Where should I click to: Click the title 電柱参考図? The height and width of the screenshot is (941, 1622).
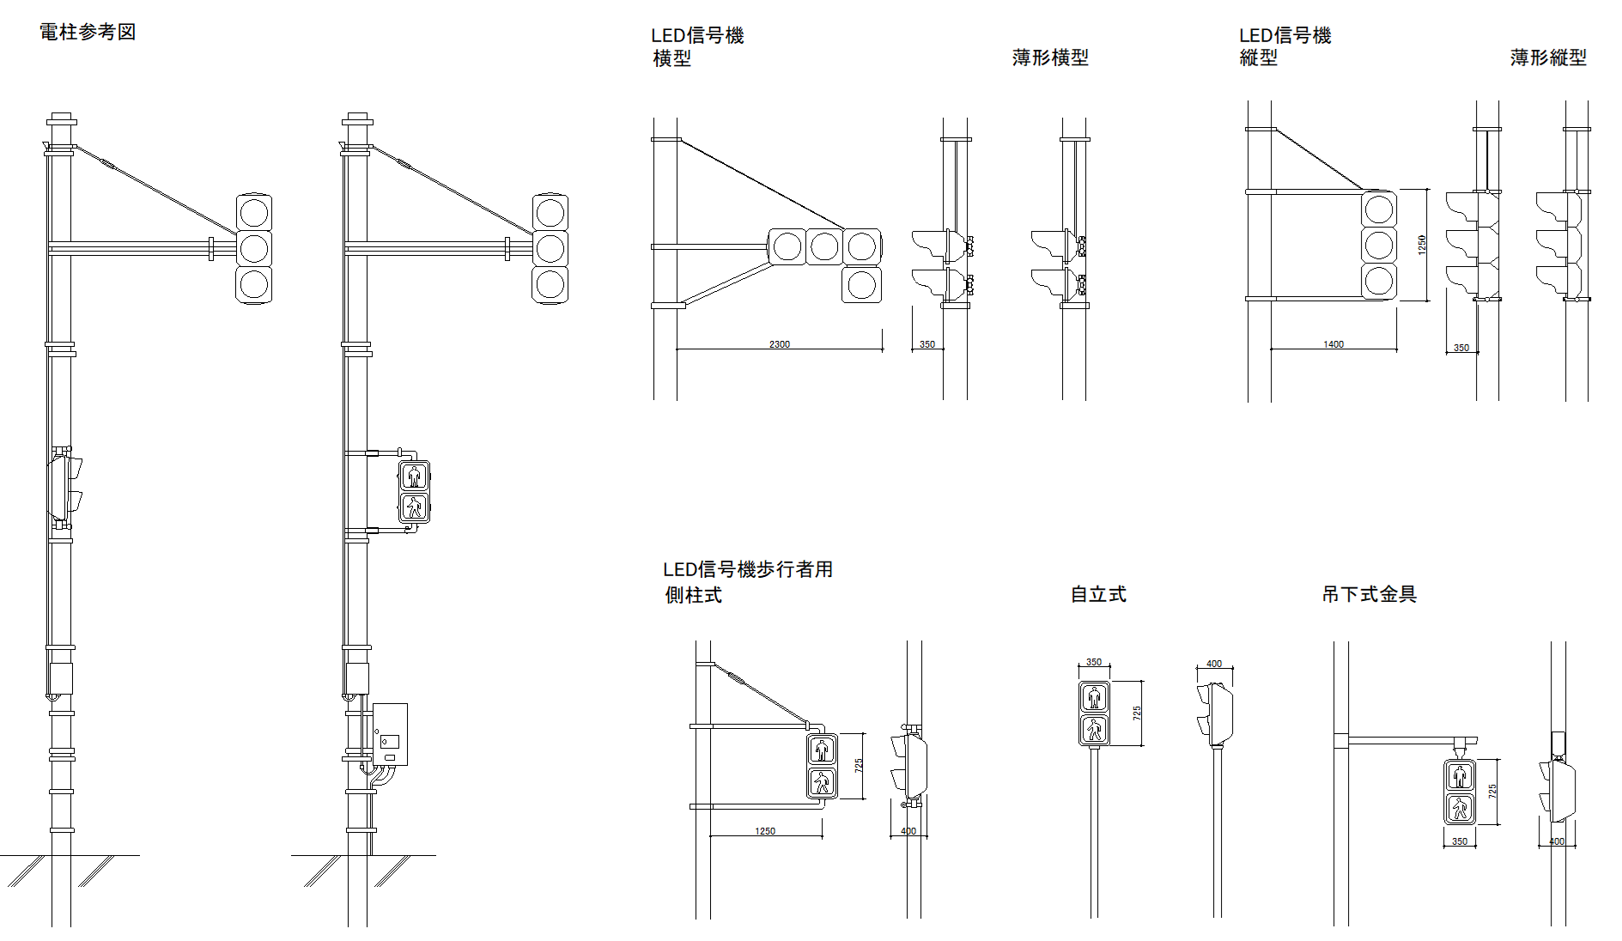pyautogui.click(x=88, y=33)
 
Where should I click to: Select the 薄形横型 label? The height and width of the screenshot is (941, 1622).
pyautogui.click(x=1050, y=58)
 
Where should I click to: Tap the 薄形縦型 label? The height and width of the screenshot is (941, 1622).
pyautogui.click(x=1548, y=58)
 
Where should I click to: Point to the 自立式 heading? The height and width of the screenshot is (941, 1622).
pyautogui.click(x=1098, y=594)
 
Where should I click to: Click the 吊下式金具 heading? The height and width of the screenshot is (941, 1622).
pyautogui.click(x=1370, y=594)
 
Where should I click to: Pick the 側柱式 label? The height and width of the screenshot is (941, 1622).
pyautogui.click(x=693, y=595)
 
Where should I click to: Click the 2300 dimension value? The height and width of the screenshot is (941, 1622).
pyautogui.click(x=780, y=344)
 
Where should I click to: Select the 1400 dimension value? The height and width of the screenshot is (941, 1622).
pyautogui.click(x=1333, y=344)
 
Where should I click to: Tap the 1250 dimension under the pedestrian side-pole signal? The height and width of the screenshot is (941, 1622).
pyautogui.click(x=765, y=831)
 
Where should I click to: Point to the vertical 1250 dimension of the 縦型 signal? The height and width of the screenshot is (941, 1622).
pyautogui.click(x=1422, y=245)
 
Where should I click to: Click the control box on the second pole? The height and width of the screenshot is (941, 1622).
pyautogui.click(x=390, y=734)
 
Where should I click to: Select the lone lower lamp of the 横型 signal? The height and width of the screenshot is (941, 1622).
pyautogui.click(x=861, y=284)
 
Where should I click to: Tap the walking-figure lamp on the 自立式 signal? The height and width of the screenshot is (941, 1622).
pyautogui.click(x=1094, y=730)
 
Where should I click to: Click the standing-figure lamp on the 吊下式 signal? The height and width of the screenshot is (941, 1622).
pyautogui.click(x=1461, y=776)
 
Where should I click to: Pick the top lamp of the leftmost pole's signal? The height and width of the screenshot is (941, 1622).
pyautogui.click(x=254, y=212)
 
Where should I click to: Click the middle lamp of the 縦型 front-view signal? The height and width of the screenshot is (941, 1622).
pyautogui.click(x=1379, y=245)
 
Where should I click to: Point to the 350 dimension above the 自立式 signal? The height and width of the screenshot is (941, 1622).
pyautogui.click(x=1094, y=662)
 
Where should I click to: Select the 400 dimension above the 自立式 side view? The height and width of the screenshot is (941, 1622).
pyautogui.click(x=1214, y=664)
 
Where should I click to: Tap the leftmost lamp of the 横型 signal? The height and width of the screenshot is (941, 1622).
pyautogui.click(x=787, y=246)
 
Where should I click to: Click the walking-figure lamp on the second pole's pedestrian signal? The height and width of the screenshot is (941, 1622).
pyautogui.click(x=415, y=508)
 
